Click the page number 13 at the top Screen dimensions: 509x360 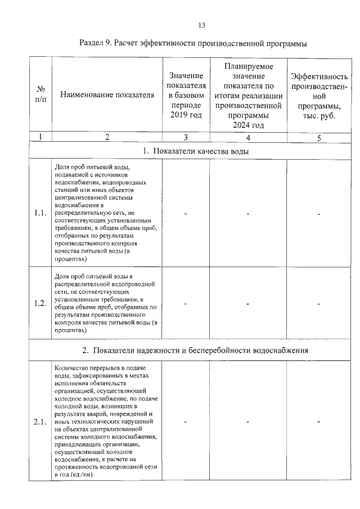[202, 25]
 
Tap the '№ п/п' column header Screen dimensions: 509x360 [40, 94]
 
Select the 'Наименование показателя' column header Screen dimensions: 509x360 [107, 94]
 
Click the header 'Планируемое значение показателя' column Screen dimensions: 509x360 [247, 94]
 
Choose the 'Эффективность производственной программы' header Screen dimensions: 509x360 [318, 94]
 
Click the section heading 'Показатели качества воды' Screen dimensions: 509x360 [196, 151]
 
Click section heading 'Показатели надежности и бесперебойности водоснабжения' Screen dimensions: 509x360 [196, 350]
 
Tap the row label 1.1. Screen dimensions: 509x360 [40, 213]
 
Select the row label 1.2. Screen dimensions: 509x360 [40, 304]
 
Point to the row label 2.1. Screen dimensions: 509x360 [40, 422]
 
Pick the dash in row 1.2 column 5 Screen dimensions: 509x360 [318, 304]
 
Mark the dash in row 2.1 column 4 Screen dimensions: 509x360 [247, 422]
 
